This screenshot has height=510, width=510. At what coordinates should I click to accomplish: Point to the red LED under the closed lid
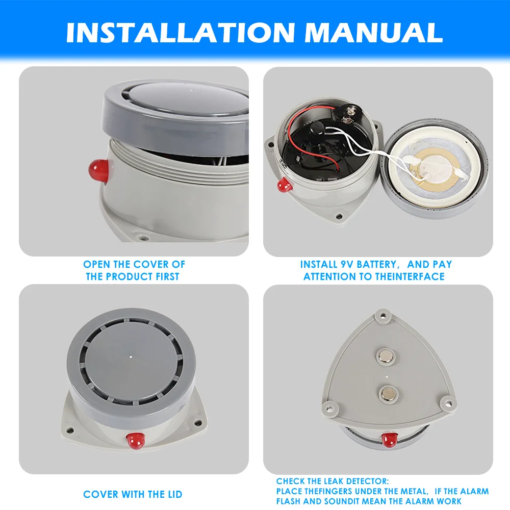click(135, 439)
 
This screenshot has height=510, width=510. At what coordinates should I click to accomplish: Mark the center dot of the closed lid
click(132, 357)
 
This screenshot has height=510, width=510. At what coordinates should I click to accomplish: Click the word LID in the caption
click(172, 494)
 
